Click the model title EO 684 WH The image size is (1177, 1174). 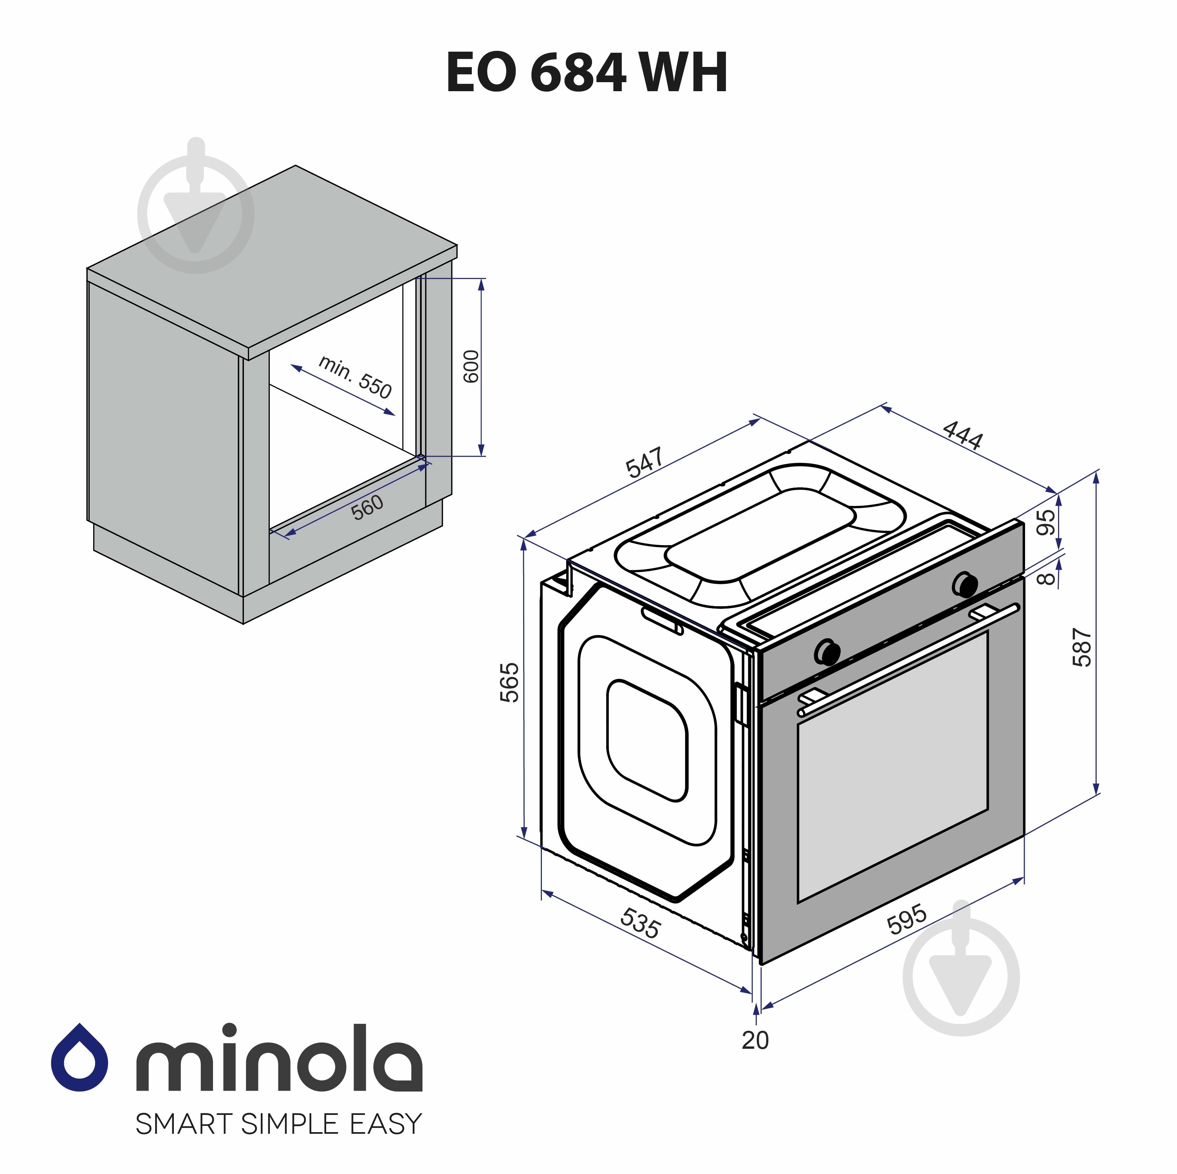click(x=587, y=72)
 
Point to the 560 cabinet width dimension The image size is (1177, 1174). click(x=367, y=507)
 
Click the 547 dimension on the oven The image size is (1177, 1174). click(x=644, y=463)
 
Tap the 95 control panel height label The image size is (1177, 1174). click(x=1045, y=522)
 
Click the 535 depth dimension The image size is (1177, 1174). click(x=640, y=923)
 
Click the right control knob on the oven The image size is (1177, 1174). click(x=966, y=583)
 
